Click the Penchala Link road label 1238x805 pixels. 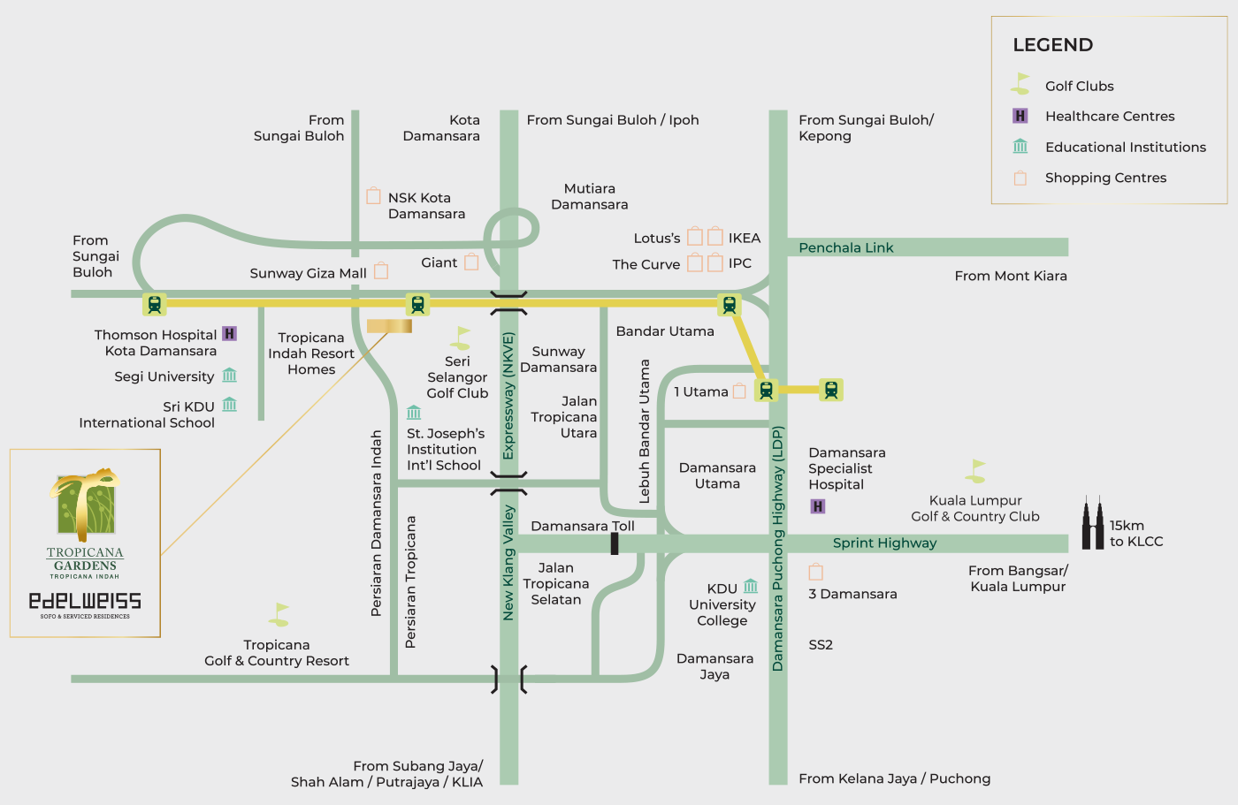[x=845, y=247]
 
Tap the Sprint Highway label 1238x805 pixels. [x=884, y=543]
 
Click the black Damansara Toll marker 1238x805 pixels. [x=615, y=543]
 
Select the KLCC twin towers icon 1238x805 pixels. [x=1094, y=523]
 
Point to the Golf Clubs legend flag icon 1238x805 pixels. [x=1020, y=84]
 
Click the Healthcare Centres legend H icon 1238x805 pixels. [x=1020, y=116]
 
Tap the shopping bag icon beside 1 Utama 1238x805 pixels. [x=739, y=391]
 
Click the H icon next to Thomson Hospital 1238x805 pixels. [x=229, y=333]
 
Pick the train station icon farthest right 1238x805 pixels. [x=830, y=389]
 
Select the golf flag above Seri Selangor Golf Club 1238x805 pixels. [x=460, y=338]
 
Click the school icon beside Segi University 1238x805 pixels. [x=230, y=376]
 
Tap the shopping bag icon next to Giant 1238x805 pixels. [x=471, y=262]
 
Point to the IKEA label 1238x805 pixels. [x=744, y=238]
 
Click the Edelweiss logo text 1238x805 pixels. [x=85, y=601]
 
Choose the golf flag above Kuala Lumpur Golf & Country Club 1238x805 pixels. [x=976, y=471]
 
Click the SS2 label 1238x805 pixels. [x=821, y=644]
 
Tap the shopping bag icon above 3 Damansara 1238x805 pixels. [x=815, y=572]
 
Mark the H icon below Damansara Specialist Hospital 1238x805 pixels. [x=818, y=506]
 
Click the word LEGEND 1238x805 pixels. [x=1052, y=45]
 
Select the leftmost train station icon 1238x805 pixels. [x=155, y=304]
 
